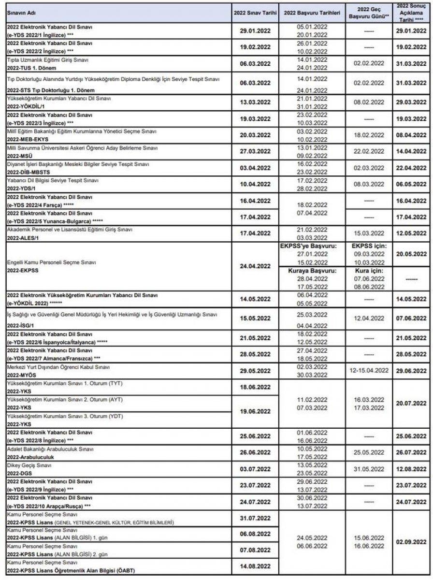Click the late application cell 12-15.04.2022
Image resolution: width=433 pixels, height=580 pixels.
pos(369,370)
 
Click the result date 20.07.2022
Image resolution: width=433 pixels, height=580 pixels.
pos(411,403)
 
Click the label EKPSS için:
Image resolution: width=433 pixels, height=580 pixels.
pos(369,246)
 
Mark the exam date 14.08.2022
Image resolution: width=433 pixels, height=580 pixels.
pos(255,566)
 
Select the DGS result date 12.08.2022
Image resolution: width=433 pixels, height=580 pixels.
pos(411,469)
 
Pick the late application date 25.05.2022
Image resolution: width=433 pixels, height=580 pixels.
pos(369,452)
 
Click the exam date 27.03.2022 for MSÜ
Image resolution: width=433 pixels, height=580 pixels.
pos(255,150)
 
